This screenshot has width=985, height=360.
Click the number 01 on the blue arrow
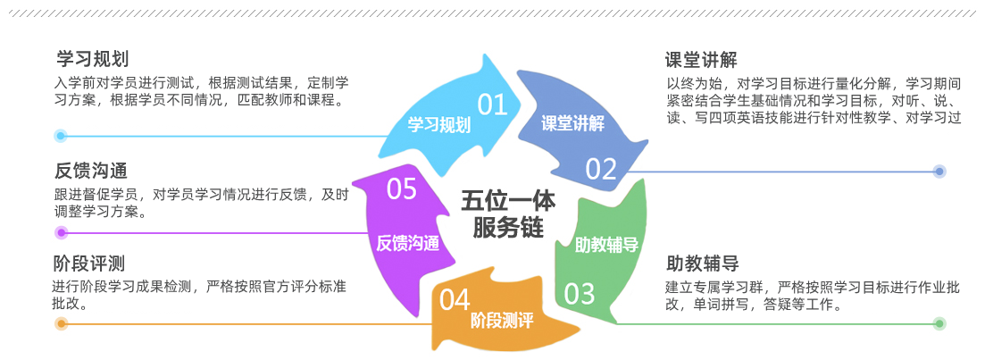click(x=492, y=105)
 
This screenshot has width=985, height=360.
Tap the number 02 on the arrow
click(x=601, y=168)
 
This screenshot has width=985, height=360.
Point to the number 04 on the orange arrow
click(x=455, y=299)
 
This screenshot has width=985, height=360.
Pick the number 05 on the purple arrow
click(x=402, y=188)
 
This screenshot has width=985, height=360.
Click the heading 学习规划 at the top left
click(x=92, y=59)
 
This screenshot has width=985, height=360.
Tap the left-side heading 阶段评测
click(x=88, y=264)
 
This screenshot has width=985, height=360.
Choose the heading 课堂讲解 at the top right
click(x=701, y=60)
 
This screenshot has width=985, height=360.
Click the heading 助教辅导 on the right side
click(x=702, y=264)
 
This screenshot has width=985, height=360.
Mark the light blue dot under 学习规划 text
click(x=61, y=136)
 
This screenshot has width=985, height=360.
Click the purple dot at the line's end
click(x=61, y=233)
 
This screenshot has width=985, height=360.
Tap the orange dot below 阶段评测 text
click(x=61, y=323)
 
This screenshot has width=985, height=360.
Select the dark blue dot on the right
click(x=939, y=171)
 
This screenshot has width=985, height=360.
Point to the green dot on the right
click(x=939, y=323)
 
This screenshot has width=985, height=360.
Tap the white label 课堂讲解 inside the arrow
click(x=572, y=123)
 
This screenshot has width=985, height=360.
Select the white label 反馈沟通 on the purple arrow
click(x=407, y=242)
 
